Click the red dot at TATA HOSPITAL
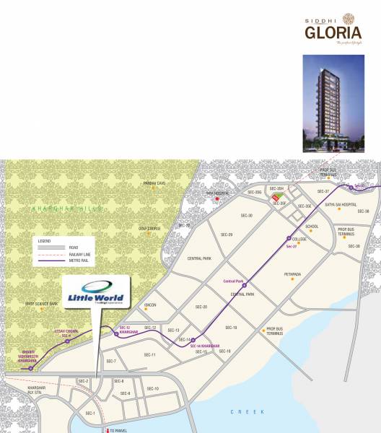[216, 198]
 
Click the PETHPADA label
[292, 275]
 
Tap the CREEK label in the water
[239, 411]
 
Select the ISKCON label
[150, 305]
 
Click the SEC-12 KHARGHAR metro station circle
[116, 334]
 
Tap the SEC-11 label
[150, 355]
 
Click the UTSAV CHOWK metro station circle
[67, 342]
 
